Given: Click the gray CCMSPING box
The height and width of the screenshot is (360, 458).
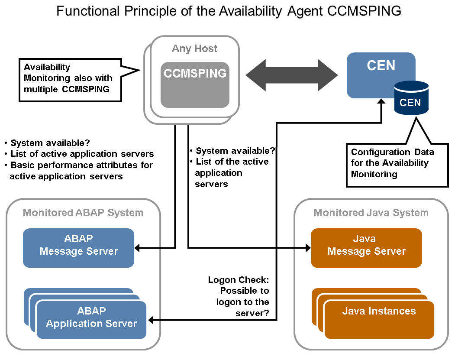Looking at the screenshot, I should [x=195, y=85].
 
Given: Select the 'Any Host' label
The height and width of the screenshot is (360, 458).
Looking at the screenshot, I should [x=194, y=49].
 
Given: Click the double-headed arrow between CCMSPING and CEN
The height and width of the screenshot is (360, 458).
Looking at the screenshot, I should [x=292, y=75].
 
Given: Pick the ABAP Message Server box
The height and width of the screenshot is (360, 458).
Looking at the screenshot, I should [x=78, y=247].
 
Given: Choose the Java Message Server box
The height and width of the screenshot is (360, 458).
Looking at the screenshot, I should [x=366, y=247].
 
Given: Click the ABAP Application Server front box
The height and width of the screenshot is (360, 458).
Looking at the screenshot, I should [x=91, y=320].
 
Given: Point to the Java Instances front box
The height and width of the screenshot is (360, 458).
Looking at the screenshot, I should [x=379, y=320].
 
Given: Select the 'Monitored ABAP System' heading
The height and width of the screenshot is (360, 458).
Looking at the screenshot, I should [x=83, y=213].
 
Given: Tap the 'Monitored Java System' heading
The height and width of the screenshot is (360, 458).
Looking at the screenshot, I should [x=371, y=213].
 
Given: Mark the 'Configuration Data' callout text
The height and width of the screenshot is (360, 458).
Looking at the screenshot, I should [x=392, y=152].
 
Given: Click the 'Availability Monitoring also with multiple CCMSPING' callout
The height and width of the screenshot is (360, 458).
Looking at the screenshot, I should [x=68, y=78].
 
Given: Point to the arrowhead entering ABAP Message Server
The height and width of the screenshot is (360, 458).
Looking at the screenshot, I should [x=137, y=248].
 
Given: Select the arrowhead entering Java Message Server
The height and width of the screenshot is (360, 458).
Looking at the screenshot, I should [x=308, y=248].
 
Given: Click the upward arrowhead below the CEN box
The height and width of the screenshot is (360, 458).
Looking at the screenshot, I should [x=381, y=101].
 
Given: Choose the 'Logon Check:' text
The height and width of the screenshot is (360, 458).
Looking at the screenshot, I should [x=239, y=279].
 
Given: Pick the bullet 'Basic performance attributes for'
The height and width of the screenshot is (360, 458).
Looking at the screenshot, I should [x=81, y=165].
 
